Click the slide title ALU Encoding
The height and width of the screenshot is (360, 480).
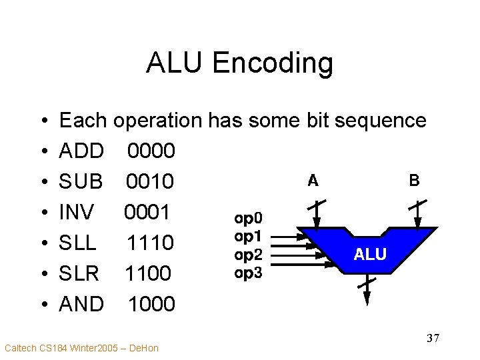coord(239,63)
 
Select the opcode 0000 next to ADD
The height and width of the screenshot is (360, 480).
coord(151,151)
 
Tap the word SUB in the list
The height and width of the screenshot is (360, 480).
coord(81,181)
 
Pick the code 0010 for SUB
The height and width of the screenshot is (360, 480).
coord(150,181)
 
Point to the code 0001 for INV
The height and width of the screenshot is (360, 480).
coord(147,212)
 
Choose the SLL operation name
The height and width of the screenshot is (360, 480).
coord(78,243)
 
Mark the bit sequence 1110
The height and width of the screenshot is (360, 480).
coord(151,243)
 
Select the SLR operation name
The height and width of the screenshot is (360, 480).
coord(79,273)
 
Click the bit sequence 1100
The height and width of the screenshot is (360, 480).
coord(149,273)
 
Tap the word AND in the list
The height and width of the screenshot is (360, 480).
coord(81,304)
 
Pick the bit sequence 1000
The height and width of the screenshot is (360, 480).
coord(152,304)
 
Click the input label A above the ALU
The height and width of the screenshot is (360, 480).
coord(313,180)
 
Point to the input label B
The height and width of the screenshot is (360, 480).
coord(414,180)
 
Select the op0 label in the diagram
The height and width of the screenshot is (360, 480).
coord(248,217)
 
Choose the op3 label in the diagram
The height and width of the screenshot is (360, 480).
coord(248,273)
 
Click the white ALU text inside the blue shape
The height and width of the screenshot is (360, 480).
coord(370,254)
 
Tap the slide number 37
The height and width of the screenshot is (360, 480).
coord(433,339)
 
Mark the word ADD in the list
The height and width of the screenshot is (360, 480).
coord(81,151)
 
